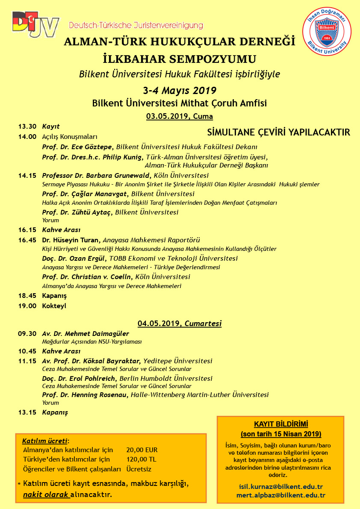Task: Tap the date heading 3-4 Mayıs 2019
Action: click(180, 91)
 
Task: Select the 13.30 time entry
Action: click(27, 127)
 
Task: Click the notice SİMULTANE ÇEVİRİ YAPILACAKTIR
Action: click(278, 132)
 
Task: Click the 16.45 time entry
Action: click(27, 240)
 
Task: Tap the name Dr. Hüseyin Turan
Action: click(71, 240)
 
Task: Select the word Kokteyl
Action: click(54, 306)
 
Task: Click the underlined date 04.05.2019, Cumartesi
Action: click(180, 324)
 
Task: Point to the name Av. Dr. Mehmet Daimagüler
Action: click(86, 334)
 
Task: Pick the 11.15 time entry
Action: click(27, 361)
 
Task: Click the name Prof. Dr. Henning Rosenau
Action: click(85, 395)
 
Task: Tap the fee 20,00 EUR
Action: click(142, 450)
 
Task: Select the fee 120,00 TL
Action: click(141, 459)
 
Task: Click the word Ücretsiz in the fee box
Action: click(139, 469)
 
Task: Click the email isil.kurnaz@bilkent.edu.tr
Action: click(280, 487)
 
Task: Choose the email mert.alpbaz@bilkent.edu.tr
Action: click(281, 495)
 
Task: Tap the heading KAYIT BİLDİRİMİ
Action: click(281, 424)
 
